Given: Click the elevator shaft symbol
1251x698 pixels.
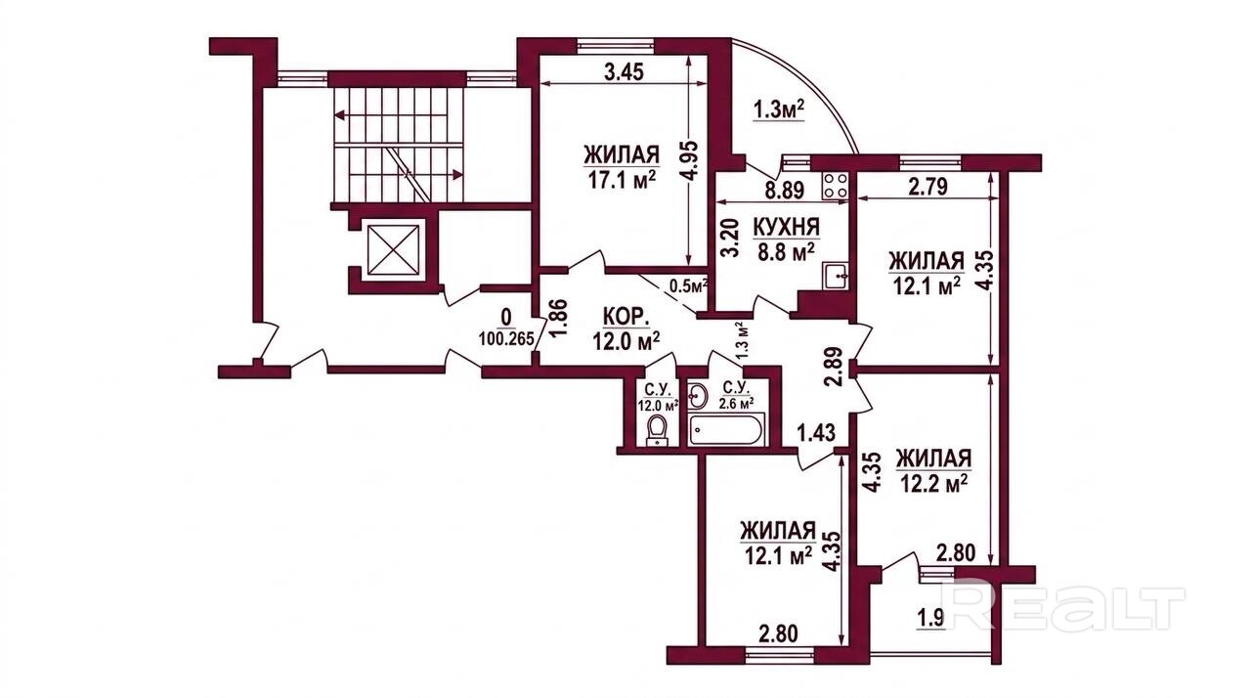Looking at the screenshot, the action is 394,250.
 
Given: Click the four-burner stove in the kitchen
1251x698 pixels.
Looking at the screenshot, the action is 836,185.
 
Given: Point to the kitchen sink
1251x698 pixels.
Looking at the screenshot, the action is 836,277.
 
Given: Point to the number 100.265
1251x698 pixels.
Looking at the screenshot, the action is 506,338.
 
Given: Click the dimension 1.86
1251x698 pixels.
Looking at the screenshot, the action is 561,317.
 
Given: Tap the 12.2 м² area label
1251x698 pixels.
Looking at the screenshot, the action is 933,483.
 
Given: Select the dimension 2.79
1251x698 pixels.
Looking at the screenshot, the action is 927,187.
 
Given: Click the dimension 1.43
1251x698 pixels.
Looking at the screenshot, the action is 816,432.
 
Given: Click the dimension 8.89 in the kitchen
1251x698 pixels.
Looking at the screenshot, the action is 784,191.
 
